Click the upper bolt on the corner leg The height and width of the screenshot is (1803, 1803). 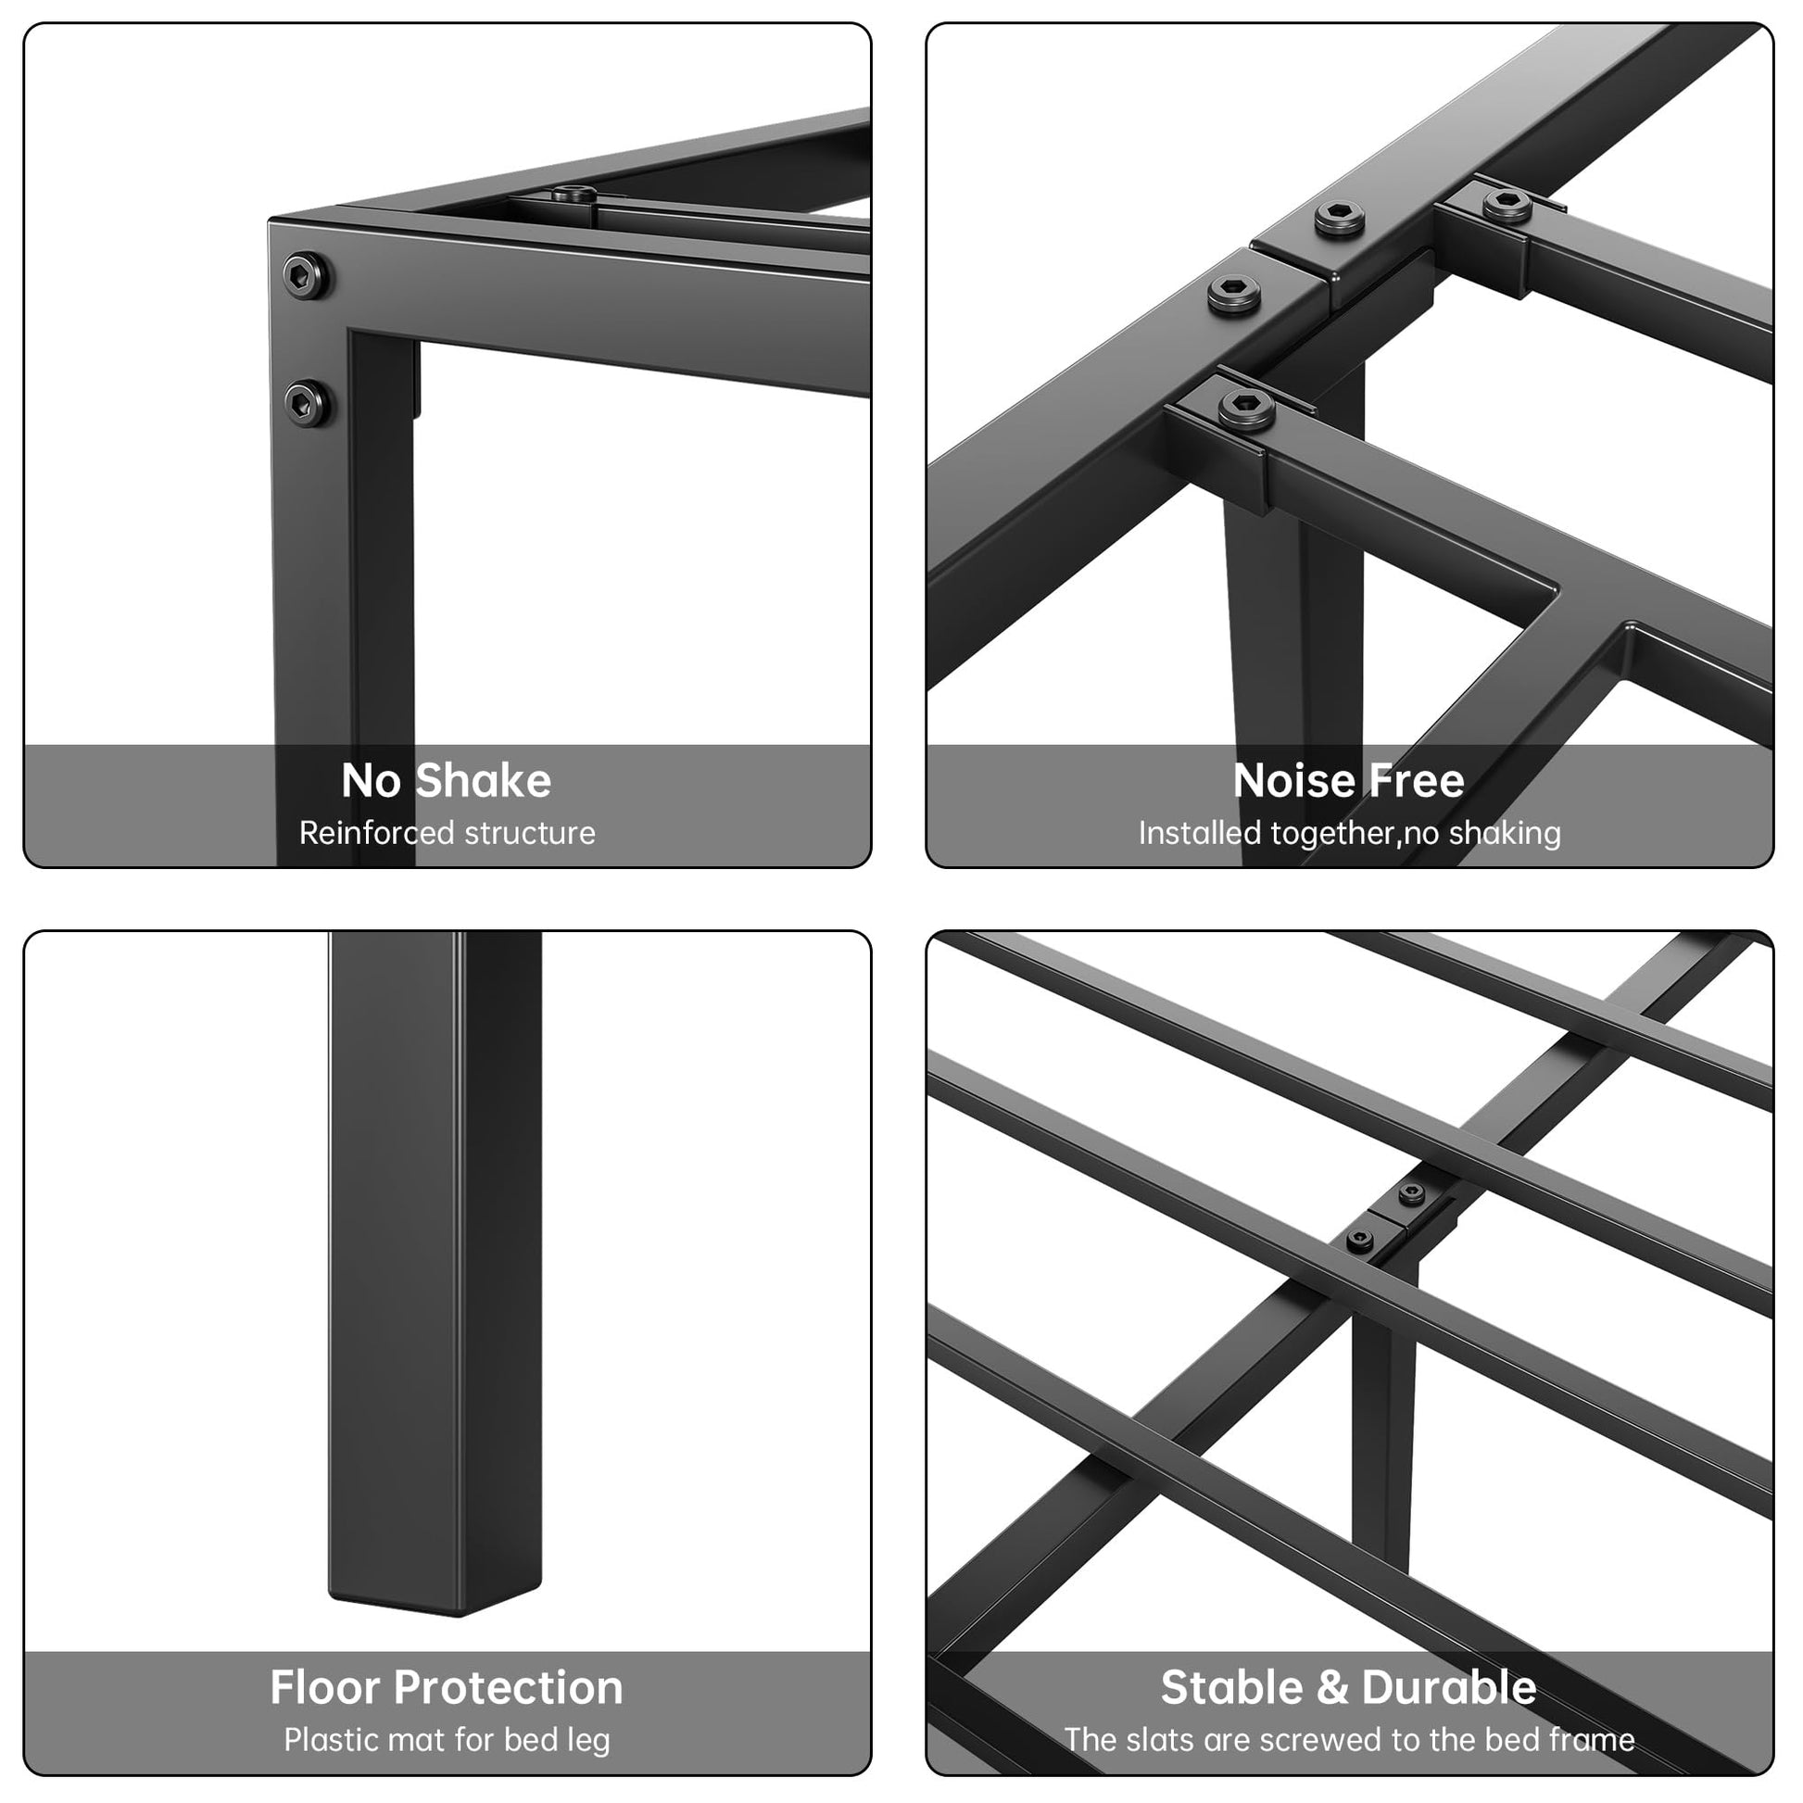pos(307,275)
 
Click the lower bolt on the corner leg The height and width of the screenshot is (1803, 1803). pos(307,403)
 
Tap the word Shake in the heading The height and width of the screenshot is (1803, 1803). pos(483,781)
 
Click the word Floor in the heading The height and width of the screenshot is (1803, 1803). pos(323,1687)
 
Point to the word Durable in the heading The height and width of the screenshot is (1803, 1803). pos(1448,1687)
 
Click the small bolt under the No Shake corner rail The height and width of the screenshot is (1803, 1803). pos(573,195)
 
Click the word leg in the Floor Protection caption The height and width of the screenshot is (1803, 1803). pos(587,1742)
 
